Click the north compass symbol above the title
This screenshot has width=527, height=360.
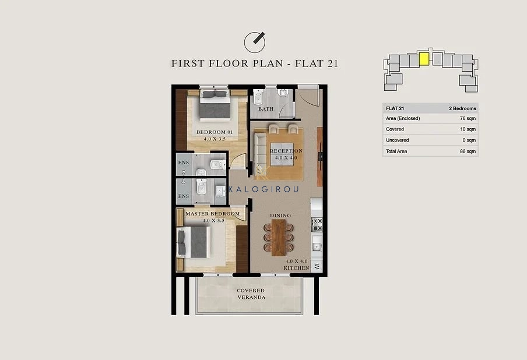click(254, 43)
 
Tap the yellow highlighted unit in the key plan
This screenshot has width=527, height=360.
click(424, 59)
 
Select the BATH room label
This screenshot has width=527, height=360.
click(265, 109)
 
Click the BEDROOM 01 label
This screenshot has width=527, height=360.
click(215, 132)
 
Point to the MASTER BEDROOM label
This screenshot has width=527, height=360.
click(212, 214)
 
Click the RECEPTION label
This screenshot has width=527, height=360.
click(286, 151)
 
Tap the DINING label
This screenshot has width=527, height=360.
click(280, 216)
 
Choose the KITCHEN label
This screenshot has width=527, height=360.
click(296, 267)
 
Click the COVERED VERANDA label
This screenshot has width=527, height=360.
click(251, 294)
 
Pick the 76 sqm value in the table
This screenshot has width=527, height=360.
click(468, 118)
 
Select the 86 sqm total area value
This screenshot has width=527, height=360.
click(468, 151)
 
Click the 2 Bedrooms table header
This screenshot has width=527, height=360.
click(462, 108)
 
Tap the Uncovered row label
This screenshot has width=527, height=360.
click(397, 140)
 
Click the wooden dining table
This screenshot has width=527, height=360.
click(279, 238)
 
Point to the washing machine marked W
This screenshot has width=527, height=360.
click(317, 266)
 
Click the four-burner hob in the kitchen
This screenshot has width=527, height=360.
click(317, 225)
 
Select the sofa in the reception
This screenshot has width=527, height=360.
click(260, 153)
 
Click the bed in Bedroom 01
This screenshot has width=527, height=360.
click(215, 105)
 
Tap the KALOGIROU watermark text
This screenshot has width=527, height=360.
click(263, 189)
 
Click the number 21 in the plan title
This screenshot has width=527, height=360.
click(332, 63)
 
